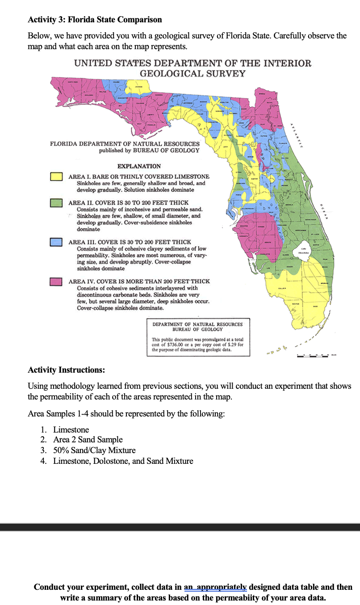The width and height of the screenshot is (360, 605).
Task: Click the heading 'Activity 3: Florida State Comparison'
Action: point(95,20)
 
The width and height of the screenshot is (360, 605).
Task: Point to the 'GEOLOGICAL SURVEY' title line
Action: point(193,74)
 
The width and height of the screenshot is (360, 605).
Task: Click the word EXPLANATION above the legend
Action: point(139,166)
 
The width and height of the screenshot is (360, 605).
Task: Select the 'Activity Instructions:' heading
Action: point(67,370)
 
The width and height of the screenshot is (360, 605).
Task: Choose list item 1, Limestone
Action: point(71,430)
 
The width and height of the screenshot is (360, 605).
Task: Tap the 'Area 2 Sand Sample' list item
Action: point(88,440)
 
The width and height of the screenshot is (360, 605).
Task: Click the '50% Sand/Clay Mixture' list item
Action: point(94,450)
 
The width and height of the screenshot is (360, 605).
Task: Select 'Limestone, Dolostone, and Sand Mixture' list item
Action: point(123,461)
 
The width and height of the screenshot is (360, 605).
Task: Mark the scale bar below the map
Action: point(317,356)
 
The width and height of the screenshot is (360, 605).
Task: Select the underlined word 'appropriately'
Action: point(223,587)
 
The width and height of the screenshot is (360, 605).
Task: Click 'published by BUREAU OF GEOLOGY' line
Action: point(149,150)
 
